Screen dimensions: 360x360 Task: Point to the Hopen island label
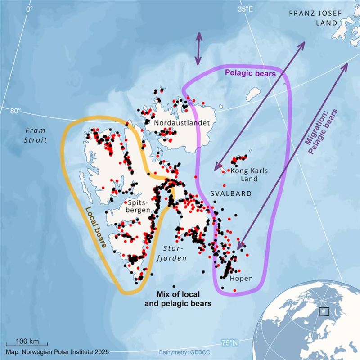click(241, 279)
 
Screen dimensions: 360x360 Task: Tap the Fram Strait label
click(36, 135)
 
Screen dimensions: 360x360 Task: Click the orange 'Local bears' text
click(95, 228)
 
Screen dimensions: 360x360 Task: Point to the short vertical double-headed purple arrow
click(198, 49)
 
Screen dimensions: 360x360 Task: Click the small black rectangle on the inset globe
click(324, 311)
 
